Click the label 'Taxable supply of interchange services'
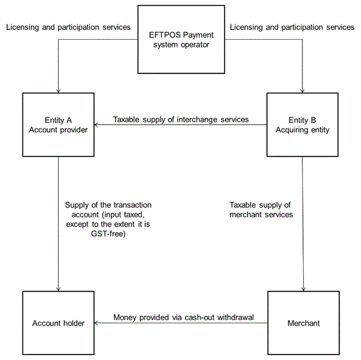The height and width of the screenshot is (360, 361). [x=181, y=120]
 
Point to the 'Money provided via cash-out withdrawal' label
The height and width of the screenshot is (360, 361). [x=184, y=317]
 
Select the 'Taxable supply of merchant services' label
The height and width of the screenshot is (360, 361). [x=261, y=210]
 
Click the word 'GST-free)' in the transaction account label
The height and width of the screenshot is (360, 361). [x=108, y=233]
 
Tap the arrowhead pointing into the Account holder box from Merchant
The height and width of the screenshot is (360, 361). [x=96, y=323]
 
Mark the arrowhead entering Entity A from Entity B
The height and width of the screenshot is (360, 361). [x=96, y=124]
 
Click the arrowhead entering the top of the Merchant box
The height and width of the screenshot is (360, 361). [x=303, y=289]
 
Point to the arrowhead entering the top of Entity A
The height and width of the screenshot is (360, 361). [x=58, y=91]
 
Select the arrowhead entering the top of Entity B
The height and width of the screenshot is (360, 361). [x=302, y=91]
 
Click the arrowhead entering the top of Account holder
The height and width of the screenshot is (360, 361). [x=58, y=289]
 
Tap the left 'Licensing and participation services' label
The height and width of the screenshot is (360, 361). [x=68, y=27]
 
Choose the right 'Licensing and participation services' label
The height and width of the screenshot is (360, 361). [x=292, y=27]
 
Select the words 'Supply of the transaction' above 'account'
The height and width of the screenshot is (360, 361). [x=108, y=205]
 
